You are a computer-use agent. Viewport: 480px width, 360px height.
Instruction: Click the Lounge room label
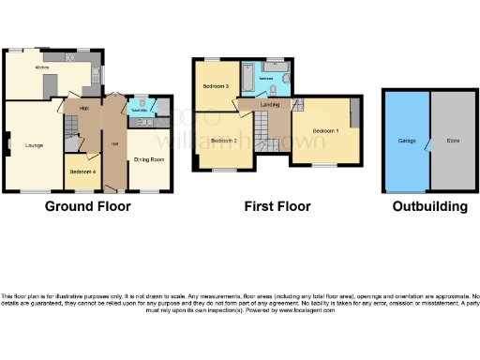point(33,144)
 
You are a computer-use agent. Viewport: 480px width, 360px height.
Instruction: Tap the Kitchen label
point(42,68)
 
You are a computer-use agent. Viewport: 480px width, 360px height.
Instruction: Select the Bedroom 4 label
point(82,172)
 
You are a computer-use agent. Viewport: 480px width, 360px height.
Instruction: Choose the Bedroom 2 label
point(223,141)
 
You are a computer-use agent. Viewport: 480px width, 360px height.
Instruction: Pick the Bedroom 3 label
point(216,86)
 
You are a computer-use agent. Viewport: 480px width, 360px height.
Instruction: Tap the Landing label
point(269,105)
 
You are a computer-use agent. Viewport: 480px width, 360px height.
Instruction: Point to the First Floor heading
point(277,206)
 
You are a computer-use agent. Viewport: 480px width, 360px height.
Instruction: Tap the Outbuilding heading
point(429,206)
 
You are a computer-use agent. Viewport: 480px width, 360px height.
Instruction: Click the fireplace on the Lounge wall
point(8,143)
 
